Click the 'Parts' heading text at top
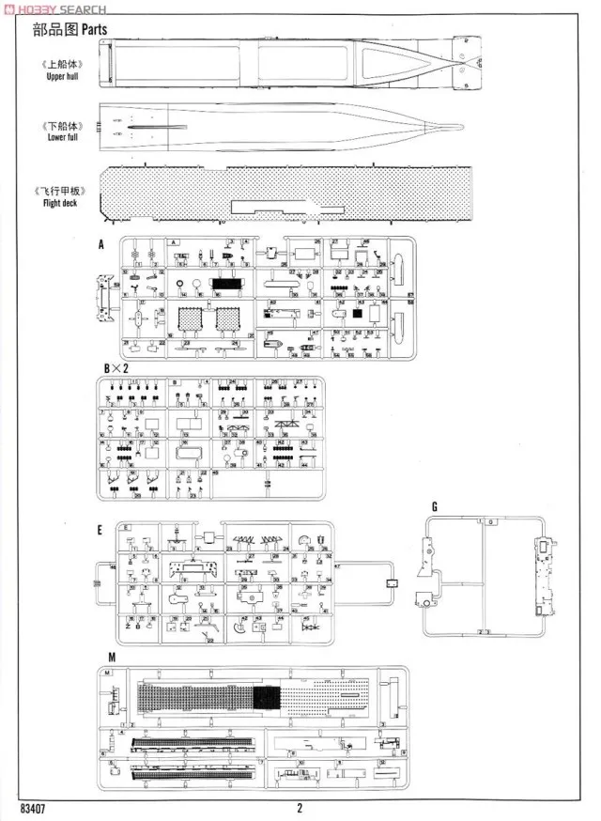pos(94,29)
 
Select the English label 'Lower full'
pos(63,137)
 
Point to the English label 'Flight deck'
pos(63,202)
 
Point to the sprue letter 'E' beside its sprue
pos(100,530)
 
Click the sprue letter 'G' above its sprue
pos(435,507)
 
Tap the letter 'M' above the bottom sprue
pos(113,657)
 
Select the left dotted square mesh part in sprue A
pos(192,320)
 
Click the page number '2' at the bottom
pos(300,808)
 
